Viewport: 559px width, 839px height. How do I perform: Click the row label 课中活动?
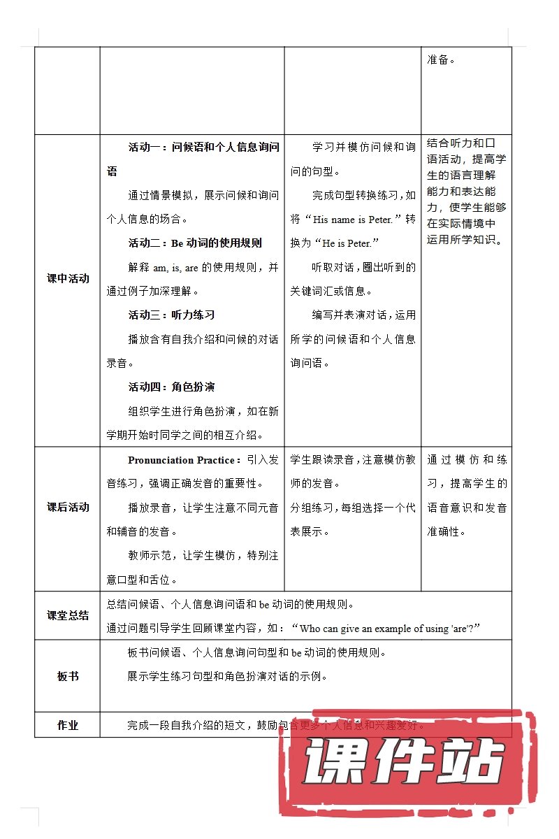point(68,278)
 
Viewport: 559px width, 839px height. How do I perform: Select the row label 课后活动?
point(68,508)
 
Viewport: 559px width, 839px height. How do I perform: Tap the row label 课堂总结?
point(68,616)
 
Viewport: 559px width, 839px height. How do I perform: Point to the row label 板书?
point(68,676)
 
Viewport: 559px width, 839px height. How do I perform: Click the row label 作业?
point(68,725)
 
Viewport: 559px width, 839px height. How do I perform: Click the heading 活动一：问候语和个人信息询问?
point(203,148)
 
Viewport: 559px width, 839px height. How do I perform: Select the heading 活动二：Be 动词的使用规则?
point(195,243)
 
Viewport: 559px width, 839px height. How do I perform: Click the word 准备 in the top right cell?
point(437,59)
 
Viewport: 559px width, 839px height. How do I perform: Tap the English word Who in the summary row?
point(310,629)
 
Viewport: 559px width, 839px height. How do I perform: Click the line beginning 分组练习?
point(353,508)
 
